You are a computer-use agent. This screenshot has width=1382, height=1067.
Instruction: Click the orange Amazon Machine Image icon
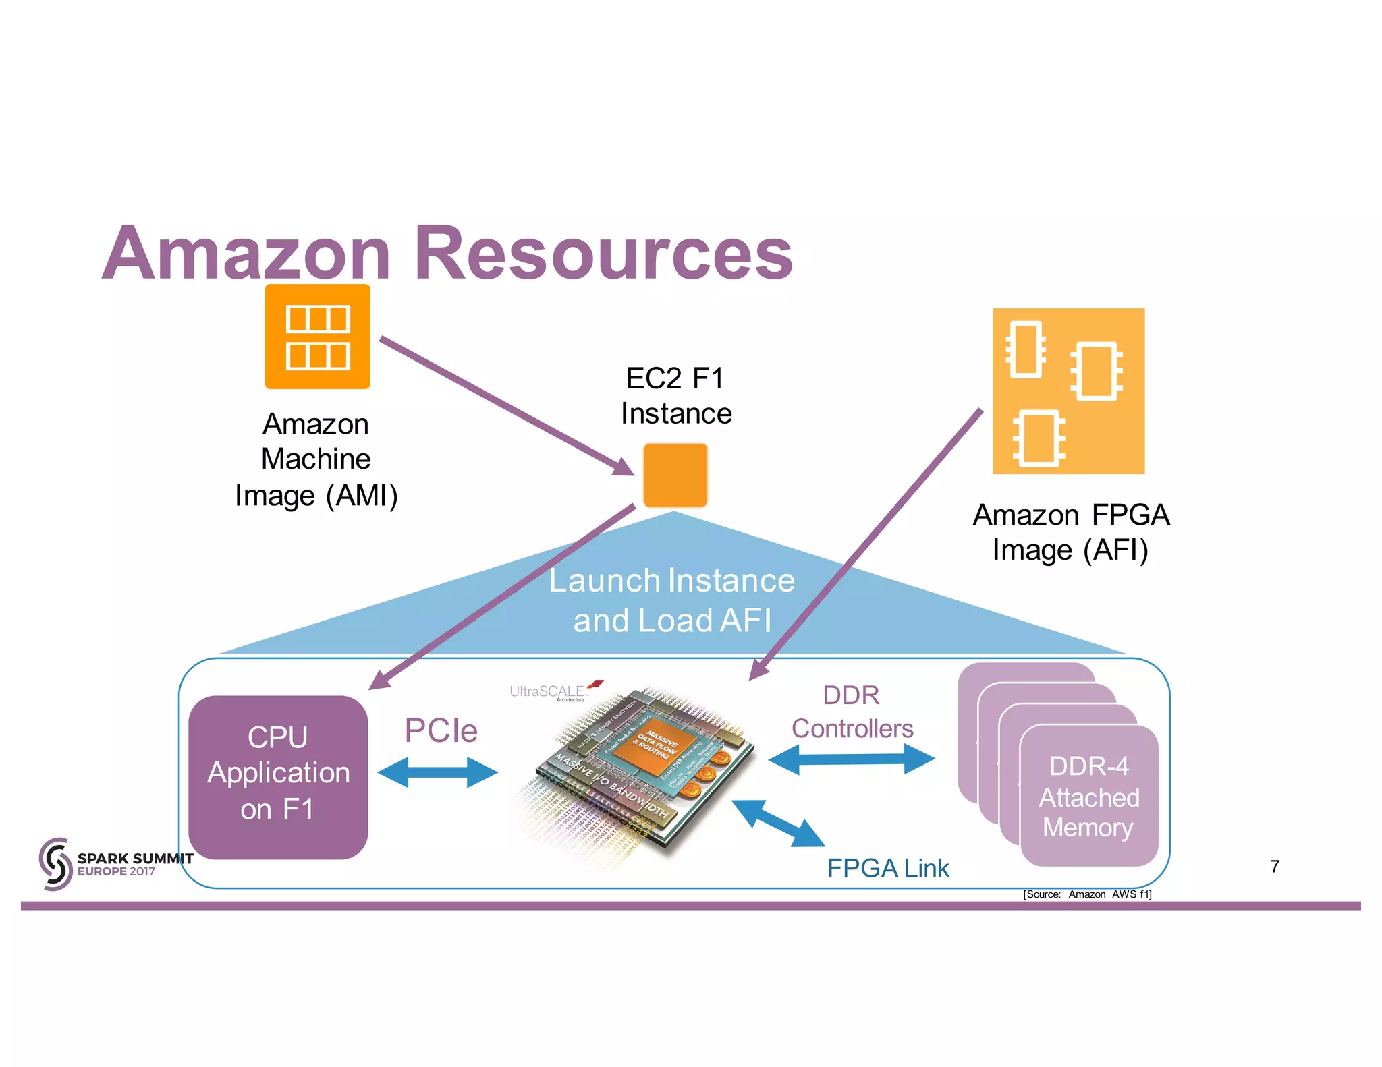point(317,337)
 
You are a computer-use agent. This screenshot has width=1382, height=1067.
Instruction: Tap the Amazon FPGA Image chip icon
point(1068,391)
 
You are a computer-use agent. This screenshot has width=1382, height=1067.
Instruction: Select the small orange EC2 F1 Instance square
point(675,475)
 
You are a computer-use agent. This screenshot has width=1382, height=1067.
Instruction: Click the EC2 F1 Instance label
point(675,396)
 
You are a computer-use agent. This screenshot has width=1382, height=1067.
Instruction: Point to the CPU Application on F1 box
point(278,777)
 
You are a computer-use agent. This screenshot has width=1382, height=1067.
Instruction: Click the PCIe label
point(441,730)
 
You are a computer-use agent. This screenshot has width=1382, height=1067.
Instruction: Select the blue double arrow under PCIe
point(437,772)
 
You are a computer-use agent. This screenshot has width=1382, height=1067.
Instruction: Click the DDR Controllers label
point(852,712)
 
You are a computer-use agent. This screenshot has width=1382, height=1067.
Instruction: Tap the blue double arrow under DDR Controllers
point(852,759)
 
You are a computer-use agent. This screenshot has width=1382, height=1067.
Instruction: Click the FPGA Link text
point(887,868)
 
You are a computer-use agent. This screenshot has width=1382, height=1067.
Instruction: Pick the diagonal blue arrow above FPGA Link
point(777,822)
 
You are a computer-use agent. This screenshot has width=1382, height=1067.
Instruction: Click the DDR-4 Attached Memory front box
point(1088,797)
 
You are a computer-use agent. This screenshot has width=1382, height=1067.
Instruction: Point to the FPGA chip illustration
point(641,769)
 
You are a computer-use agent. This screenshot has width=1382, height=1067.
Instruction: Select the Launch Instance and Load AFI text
point(672,600)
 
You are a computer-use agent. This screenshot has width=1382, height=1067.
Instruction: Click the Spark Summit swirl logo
point(55,864)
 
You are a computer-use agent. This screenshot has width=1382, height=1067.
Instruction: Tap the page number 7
point(1275,866)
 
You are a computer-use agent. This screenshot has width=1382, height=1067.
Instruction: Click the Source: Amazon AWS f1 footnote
point(1086,894)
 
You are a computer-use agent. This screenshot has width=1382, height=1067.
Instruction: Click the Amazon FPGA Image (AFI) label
point(1070,532)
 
